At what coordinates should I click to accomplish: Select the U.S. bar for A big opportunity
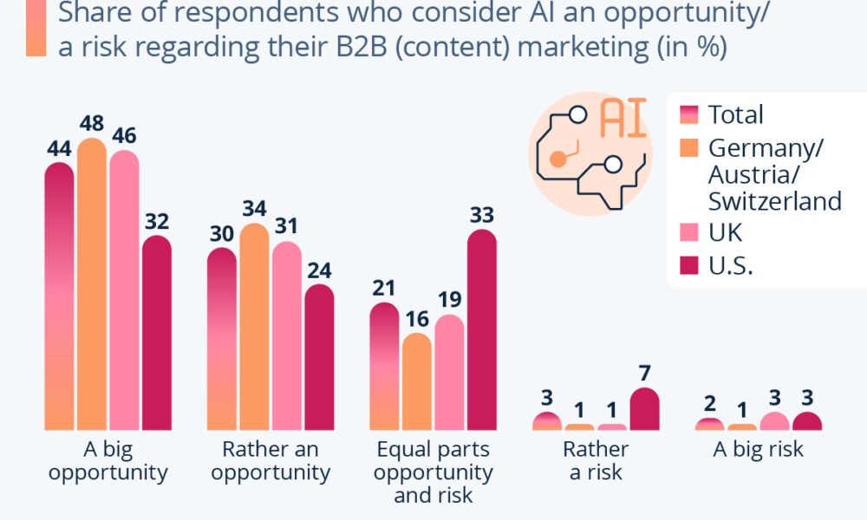(156, 333)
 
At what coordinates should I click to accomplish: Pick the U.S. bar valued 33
(481, 329)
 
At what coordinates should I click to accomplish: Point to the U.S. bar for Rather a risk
(644, 409)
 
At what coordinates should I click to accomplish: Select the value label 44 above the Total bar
(58, 149)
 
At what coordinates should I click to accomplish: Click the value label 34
(254, 210)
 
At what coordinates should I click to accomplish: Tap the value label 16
(417, 319)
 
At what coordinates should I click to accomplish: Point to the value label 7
(644, 374)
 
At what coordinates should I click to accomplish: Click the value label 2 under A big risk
(709, 404)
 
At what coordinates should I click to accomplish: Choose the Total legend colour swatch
(689, 114)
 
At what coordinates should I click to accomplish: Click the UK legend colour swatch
(689, 233)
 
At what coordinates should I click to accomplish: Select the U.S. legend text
(730, 266)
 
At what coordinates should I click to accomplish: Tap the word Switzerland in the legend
(774, 201)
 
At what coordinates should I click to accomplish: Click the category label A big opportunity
(108, 461)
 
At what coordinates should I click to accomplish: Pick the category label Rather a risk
(596, 461)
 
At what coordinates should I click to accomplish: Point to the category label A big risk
(757, 450)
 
